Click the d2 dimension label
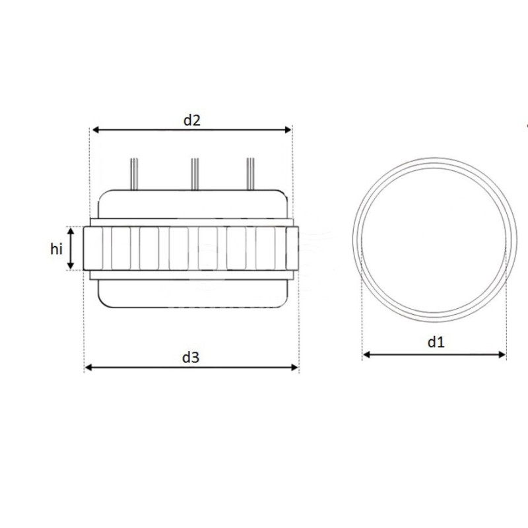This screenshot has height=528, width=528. coord(191,120)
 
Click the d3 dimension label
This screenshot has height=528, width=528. coord(191,357)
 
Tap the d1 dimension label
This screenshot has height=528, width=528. coord(436,342)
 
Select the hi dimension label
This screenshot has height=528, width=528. coord(56,249)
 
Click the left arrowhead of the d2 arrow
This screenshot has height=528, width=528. coord(96,129)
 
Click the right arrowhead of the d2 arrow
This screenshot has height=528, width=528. coord(288,129)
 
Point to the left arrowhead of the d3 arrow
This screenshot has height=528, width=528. coord(88,368)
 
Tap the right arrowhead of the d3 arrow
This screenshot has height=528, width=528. coord(294,368)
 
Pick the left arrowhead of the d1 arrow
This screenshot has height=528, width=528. coord(367,354)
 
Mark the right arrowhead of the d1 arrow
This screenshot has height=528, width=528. coord(502,354)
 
